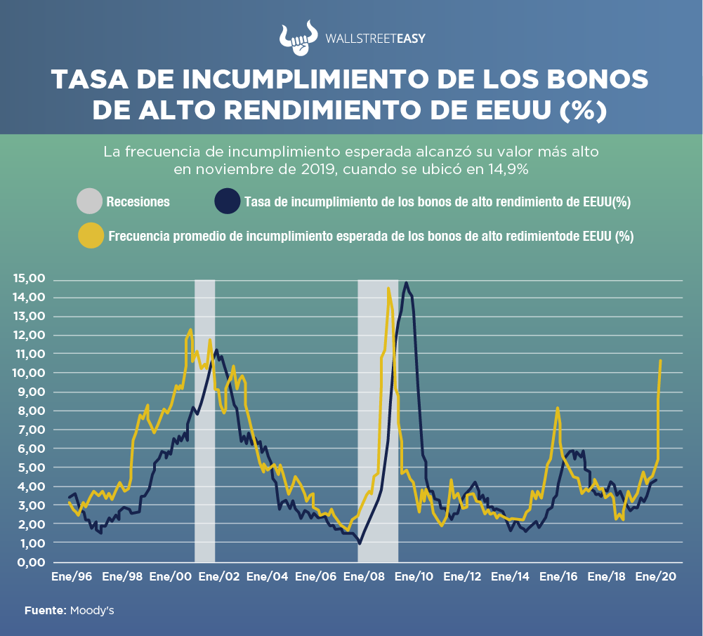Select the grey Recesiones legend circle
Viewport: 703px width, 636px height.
tap(90, 202)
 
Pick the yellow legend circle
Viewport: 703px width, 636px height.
tap(90, 236)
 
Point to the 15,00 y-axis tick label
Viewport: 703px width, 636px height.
tap(29, 279)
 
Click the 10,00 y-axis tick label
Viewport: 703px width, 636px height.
tap(29, 373)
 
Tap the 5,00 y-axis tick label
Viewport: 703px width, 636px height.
tap(32, 468)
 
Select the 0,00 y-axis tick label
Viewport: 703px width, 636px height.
tap(32, 562)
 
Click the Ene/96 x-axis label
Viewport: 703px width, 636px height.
tap(72, 577)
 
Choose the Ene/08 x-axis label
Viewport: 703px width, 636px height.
tap(364, 577)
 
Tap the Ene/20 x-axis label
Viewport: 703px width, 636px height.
tap(655, 577)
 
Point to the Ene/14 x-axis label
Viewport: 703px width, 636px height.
tap(510, 577)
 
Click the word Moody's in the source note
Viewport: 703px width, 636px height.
tap(92, 611)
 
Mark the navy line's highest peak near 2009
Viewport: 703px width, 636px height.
tap(406, 283)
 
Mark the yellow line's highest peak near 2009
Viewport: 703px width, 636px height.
tap(388, 288)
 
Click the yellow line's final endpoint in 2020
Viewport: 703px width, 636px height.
tap(661, 361)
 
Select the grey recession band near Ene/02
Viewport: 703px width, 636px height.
tap(204, 421)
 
